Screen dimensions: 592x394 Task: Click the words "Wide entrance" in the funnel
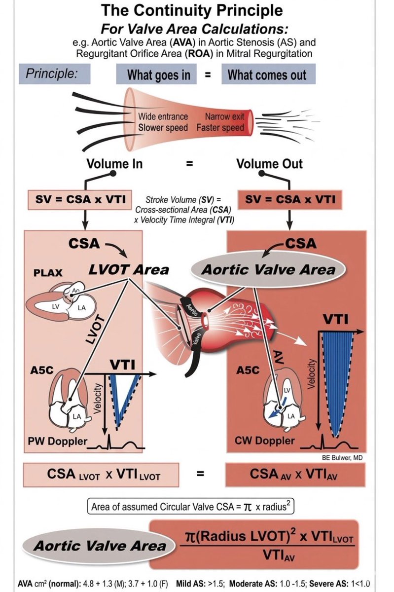[163, 117]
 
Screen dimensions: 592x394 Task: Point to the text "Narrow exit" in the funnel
[224, 117]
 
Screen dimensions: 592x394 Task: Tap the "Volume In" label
[115, 163]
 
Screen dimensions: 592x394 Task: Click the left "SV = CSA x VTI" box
[73, 199]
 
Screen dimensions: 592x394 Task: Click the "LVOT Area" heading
[128, 269]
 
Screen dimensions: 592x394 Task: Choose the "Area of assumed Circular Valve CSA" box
[197, 507]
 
